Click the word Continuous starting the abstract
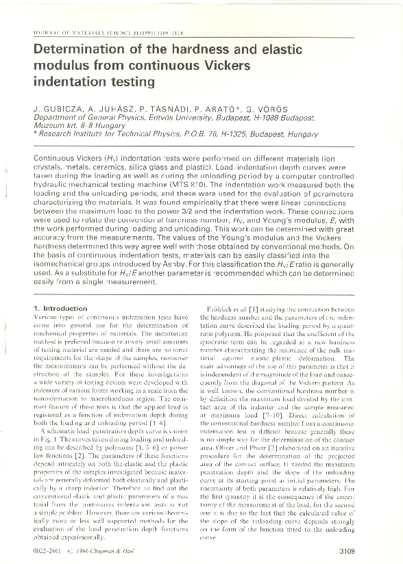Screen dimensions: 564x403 coord(57,158)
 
